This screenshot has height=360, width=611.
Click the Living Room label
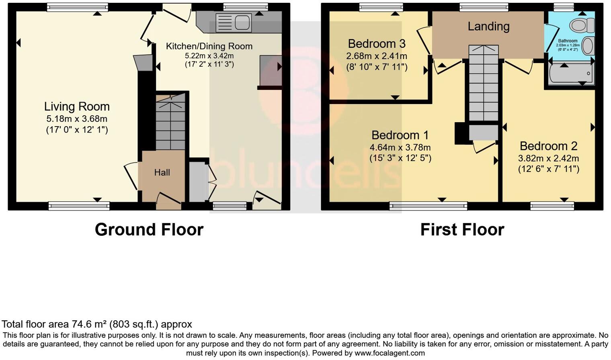[x=77, y=106]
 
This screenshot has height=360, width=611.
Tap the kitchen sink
[x=233, y=22]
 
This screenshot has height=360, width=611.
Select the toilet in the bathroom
[x=581, y=25]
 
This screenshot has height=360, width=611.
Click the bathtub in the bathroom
[x=571, y=74]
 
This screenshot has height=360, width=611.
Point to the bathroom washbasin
[x=588, y=46]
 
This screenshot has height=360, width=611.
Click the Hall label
[x=162, y=172]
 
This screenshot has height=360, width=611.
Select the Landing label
[x=488, y=27]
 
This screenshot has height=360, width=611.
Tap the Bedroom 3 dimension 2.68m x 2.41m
[x=377, y=56]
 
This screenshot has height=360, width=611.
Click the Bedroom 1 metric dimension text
[x=400, y=147]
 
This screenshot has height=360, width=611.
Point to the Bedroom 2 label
[x=548, y=146]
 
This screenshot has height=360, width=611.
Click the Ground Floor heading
[x=149, y=229]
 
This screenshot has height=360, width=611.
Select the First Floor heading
[x=462, y=229]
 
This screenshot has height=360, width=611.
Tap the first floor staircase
[x=484, y=88]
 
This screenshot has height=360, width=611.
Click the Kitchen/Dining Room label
[x=209, y=46]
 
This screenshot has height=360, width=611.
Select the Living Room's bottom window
[x=79, y=206]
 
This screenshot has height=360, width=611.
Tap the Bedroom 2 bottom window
[x=552, y=206]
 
